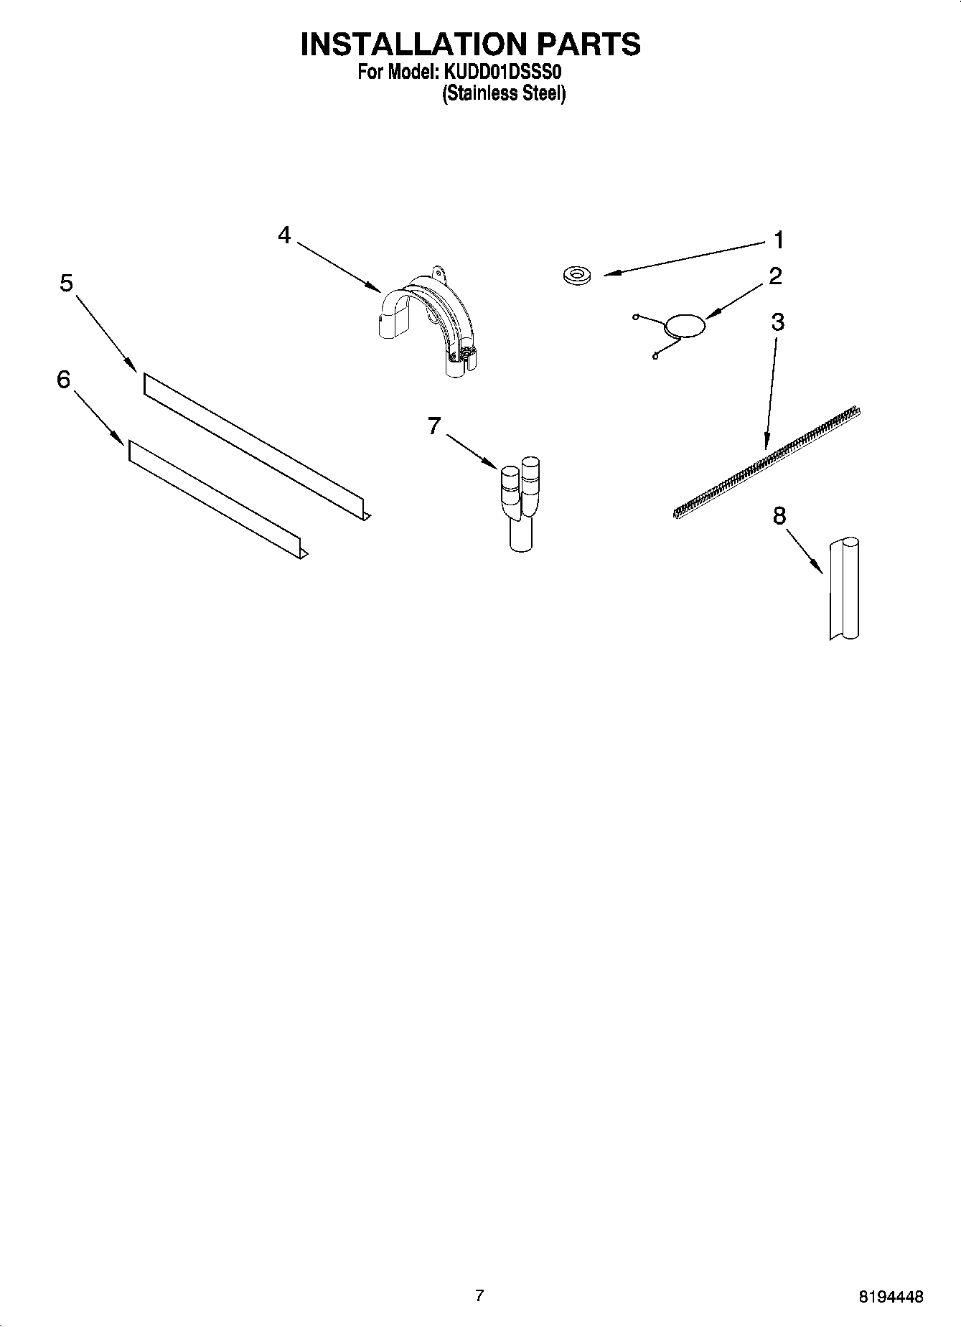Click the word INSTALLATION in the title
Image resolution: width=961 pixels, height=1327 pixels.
[x=412, y=44]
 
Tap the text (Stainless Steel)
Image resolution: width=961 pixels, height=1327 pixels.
[x=504, y=94]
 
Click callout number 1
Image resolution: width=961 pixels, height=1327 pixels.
[x=778, y=240]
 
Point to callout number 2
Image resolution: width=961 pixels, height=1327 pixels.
[x=775, y=276]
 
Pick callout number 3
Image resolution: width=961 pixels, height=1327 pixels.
[x=777, y=322]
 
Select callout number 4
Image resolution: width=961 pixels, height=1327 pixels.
[x=285, y=235]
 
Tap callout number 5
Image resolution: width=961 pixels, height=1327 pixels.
[x=66, y=283]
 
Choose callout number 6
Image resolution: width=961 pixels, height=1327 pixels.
[x=64, y=379]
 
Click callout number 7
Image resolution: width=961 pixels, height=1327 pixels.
[x=433, y=426]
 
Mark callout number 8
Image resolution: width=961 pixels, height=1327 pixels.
[x=779, y=515]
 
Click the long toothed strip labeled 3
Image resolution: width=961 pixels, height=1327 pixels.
[x=768, y=461]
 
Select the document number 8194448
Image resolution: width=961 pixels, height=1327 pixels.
[x=890, y=1296]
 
